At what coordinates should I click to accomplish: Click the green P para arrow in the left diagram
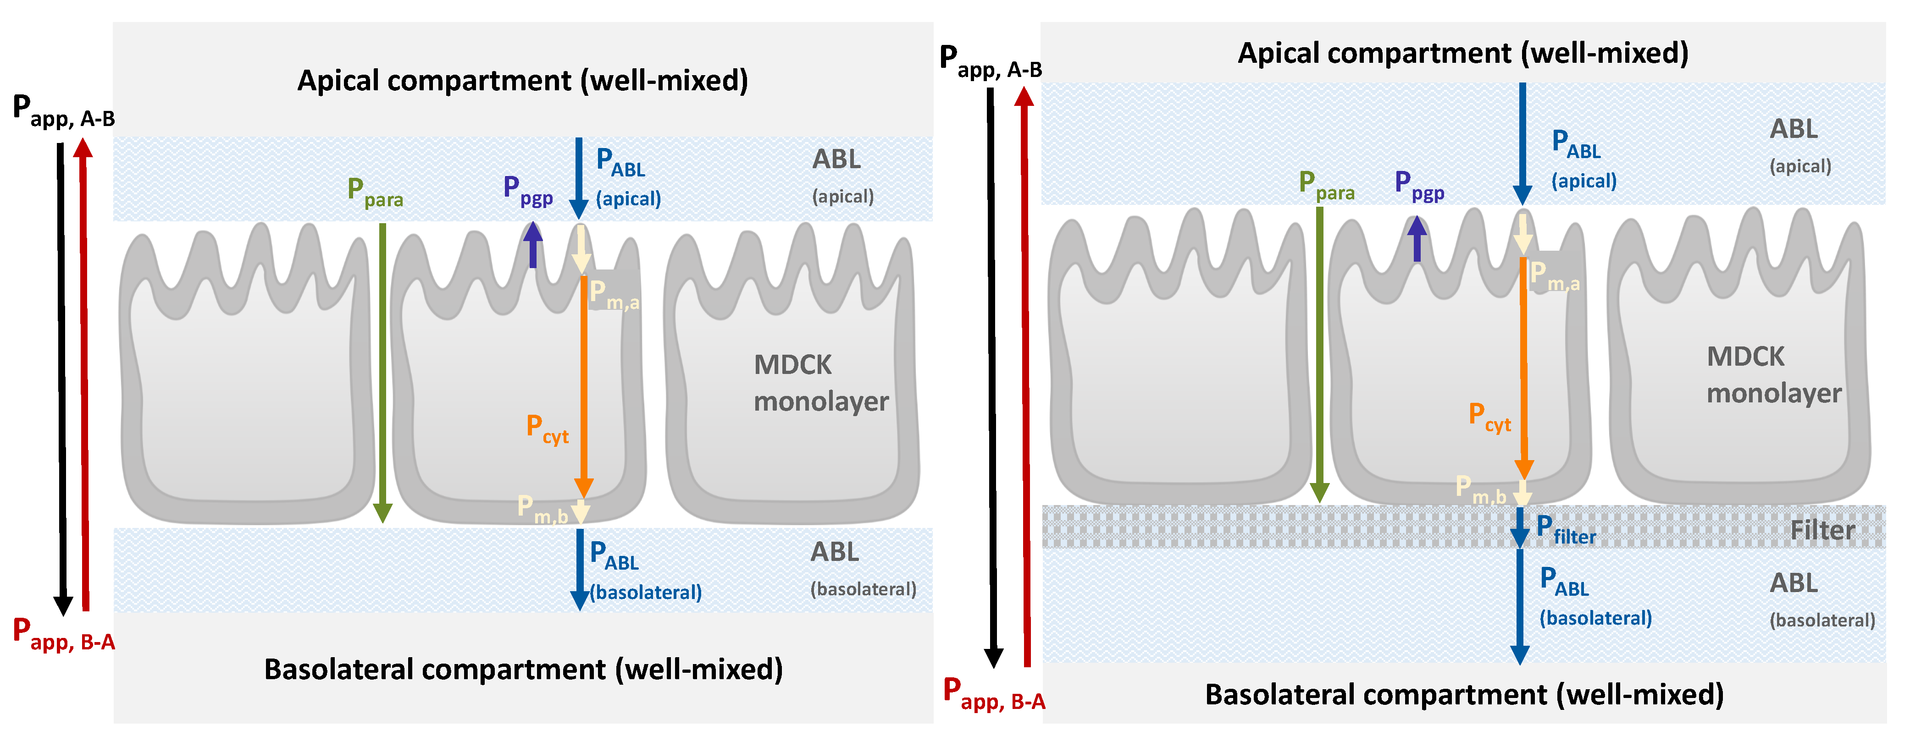coord(382,371)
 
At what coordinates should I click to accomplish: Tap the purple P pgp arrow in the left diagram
coord(532,245)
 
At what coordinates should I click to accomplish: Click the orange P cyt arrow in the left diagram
coord(583,385)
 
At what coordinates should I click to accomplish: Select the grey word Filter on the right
coord(1822,531)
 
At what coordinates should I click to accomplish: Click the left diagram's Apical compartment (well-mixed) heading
coord(523,80)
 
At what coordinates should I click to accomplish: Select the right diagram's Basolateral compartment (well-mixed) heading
coord(1464,694)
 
